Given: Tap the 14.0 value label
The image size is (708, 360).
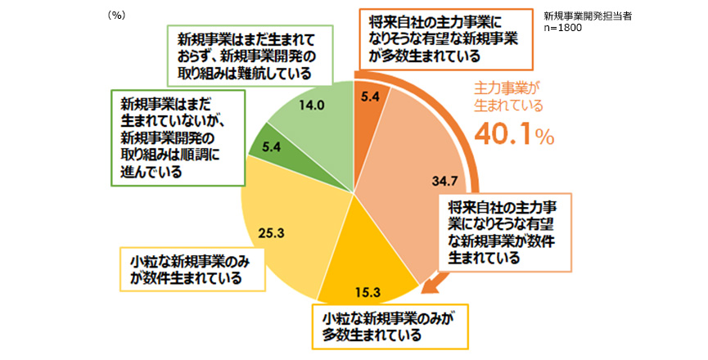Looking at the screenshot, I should coord(313,106).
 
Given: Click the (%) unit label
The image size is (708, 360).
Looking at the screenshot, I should coord(117,15).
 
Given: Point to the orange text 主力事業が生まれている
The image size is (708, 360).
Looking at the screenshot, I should coord(509,96).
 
